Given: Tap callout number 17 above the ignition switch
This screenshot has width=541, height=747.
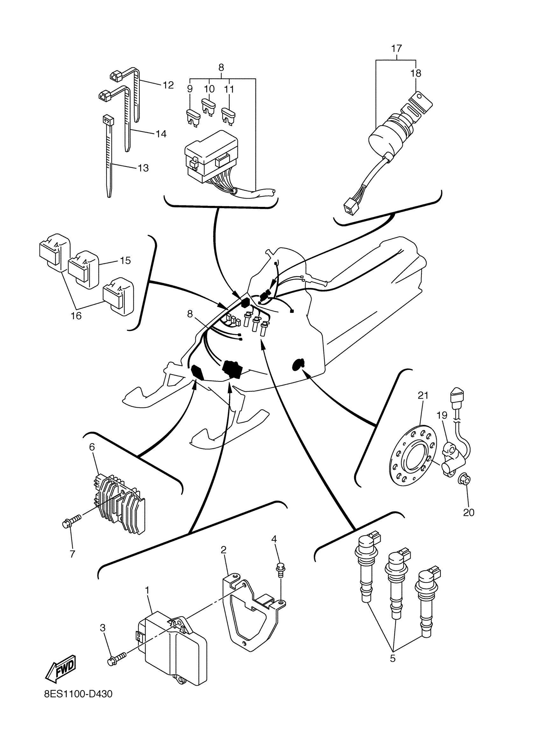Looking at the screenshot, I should pyautogui.click(x=397, y=49).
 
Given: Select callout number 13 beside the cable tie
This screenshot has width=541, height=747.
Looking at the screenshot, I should pyautogui.click(x=143, y=168).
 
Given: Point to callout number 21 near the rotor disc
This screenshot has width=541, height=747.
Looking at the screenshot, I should pyautogui.click(x=423, y=395).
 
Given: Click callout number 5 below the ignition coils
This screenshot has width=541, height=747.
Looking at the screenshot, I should pyautogui.click(x=392, y=659).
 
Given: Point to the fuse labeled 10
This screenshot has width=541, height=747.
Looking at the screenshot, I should pyautogui.click(x=208, y=107).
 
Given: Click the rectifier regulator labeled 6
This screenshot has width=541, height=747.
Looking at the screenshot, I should pyautogui.click(x=120, y=505).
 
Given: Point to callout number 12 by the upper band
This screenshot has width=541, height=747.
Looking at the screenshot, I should pyautogui.click(x=168, y=85).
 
